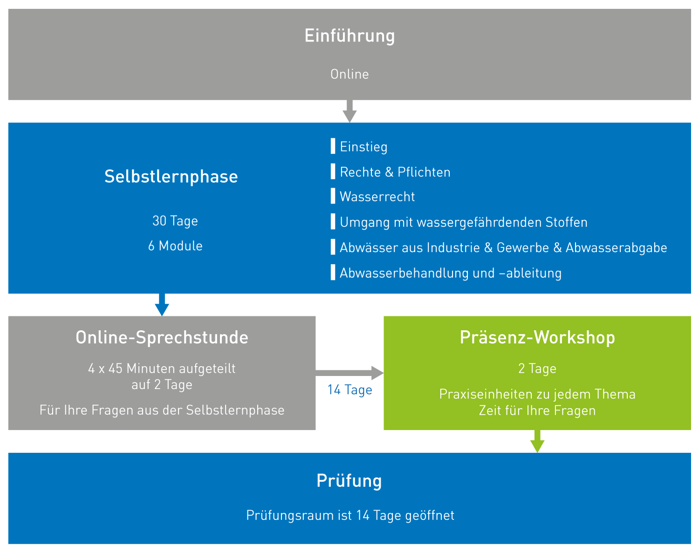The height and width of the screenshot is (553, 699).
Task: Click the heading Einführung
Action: tap(349, 36)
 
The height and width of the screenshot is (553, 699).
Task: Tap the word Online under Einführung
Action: tap(349, 74)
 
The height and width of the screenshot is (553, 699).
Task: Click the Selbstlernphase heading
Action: tap(171, 177)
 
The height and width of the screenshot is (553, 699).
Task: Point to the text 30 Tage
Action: tap(175, 220)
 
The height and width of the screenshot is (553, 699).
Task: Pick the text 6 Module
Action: tap(175, 246)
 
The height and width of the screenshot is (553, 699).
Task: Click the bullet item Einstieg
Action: tap(363, 147)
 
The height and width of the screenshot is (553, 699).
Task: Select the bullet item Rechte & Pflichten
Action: tap(395, 172)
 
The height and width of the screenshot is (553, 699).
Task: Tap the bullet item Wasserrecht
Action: tap(377, 197)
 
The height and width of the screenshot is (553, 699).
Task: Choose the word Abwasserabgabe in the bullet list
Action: tap(616, 247)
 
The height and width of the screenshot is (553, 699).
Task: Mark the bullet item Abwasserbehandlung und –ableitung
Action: tap(450, 273)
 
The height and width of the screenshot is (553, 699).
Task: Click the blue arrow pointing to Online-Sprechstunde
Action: tap(162, 305)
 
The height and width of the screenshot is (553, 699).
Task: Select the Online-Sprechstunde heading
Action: tap(162, 337)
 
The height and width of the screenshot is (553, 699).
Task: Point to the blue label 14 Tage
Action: tap(349, 389)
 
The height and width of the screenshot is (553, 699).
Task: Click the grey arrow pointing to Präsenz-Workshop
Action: tap(349, 373)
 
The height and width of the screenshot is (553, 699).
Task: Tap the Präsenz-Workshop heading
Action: tap(537, 337)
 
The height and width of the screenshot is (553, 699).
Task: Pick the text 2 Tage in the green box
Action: tap(537, 369)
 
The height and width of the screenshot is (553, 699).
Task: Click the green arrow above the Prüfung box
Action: tap(537, 441)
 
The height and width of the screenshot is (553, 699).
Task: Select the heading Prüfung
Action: tap(349, 480)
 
